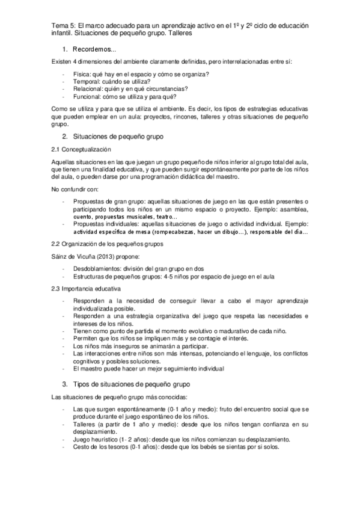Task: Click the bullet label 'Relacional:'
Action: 89,88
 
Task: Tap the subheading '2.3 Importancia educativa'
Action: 85,289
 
